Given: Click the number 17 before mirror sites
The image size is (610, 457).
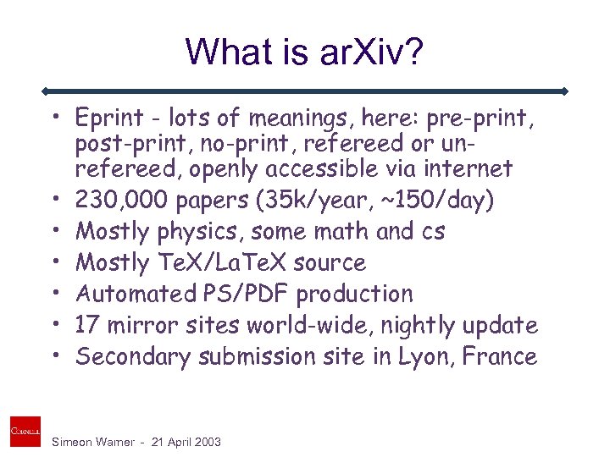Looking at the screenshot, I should [89, 325].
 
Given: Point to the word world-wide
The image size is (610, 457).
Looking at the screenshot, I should [337, 325].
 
